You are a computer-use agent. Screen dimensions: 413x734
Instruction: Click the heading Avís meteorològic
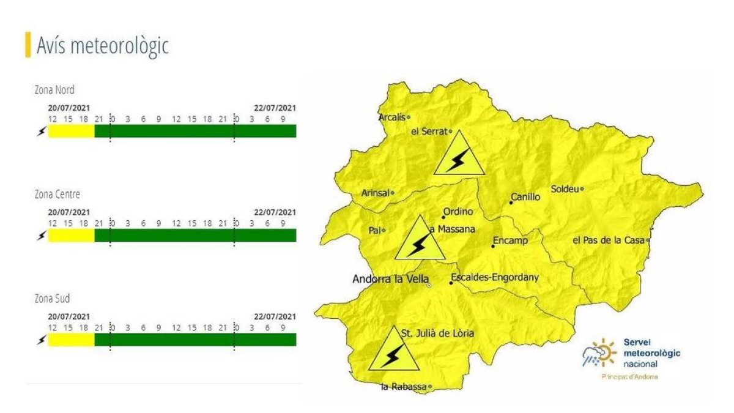click(x=102, y=45)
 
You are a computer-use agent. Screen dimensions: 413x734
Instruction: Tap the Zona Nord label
click(x=54, y=90)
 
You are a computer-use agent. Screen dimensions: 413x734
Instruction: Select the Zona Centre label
click(x=57, y=195)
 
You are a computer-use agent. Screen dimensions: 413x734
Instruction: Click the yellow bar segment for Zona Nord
click(x=71, y=131)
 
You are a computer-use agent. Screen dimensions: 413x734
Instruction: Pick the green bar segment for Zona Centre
click(x=196, y=236)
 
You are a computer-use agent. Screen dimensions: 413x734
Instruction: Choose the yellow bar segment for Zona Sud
click(x=71, y=340)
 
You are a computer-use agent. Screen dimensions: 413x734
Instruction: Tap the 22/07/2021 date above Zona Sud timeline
click(x=275, y=316)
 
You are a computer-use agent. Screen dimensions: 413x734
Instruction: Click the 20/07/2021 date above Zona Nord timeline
click(x=69, y=108)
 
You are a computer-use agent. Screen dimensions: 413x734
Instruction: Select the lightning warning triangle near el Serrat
click(x=456, y=154)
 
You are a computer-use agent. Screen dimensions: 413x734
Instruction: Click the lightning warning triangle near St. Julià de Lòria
click(x=394, y=350)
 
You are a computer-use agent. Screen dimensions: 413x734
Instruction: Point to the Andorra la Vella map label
click(x=390, y=279)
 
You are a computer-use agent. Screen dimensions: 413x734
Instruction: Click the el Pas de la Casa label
click(x=608, y=240)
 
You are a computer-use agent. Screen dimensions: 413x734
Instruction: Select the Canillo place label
click(x=526, y=197)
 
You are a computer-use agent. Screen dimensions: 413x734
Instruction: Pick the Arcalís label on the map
click(x=392, y=116)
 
